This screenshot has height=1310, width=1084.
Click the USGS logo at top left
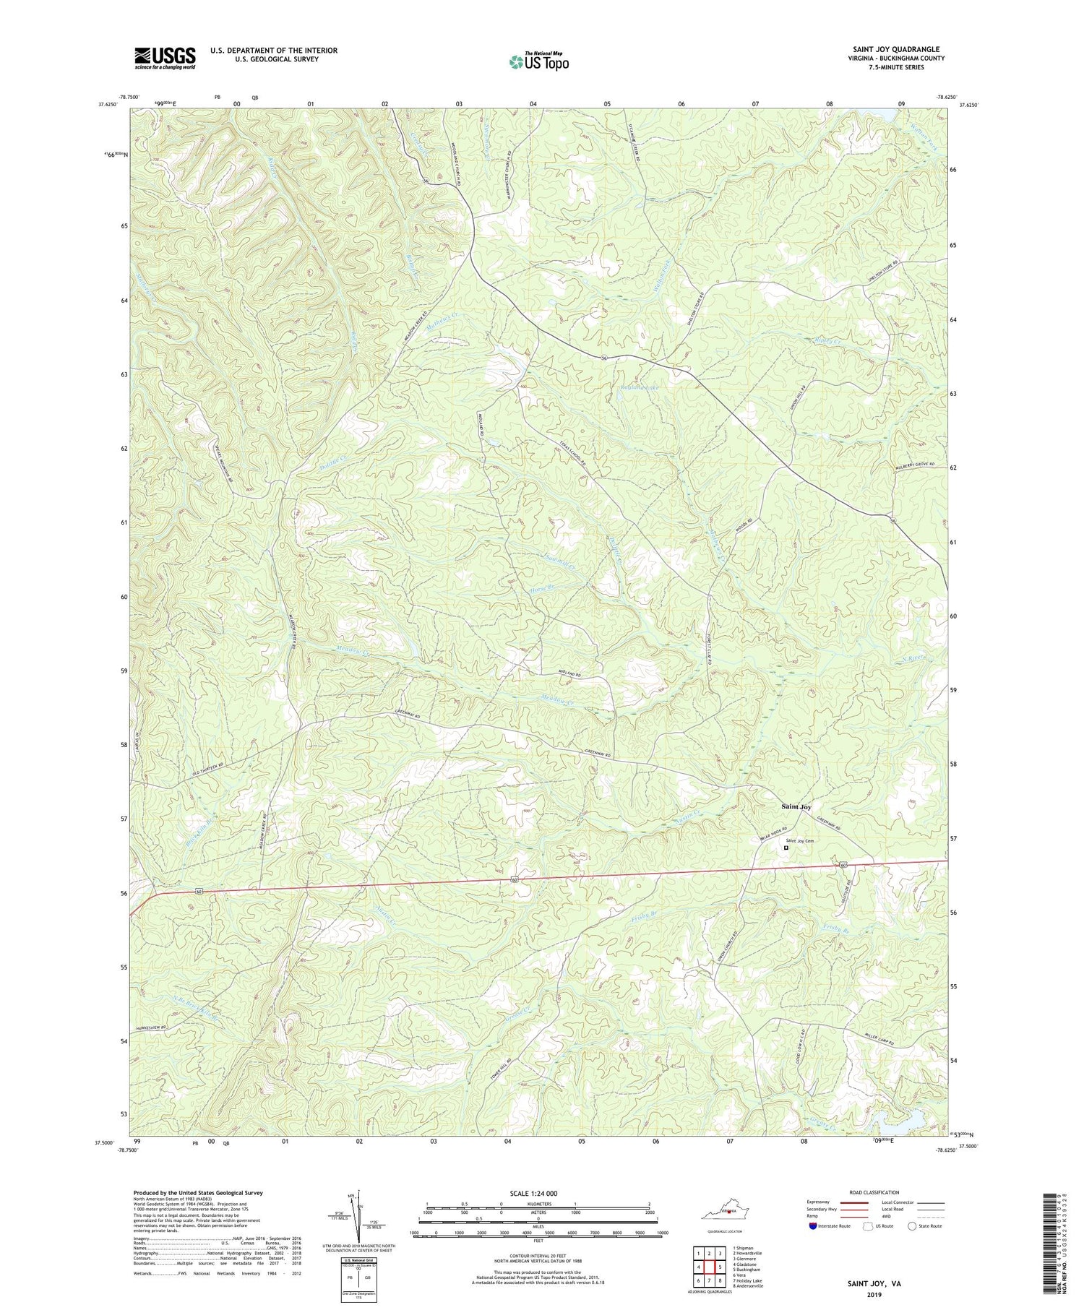pos(164,58)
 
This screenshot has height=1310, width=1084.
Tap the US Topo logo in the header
pos(538,62)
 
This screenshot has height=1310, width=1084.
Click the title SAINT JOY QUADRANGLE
pos(896,49)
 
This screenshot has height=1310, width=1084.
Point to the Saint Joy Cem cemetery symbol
pos(786,848)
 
